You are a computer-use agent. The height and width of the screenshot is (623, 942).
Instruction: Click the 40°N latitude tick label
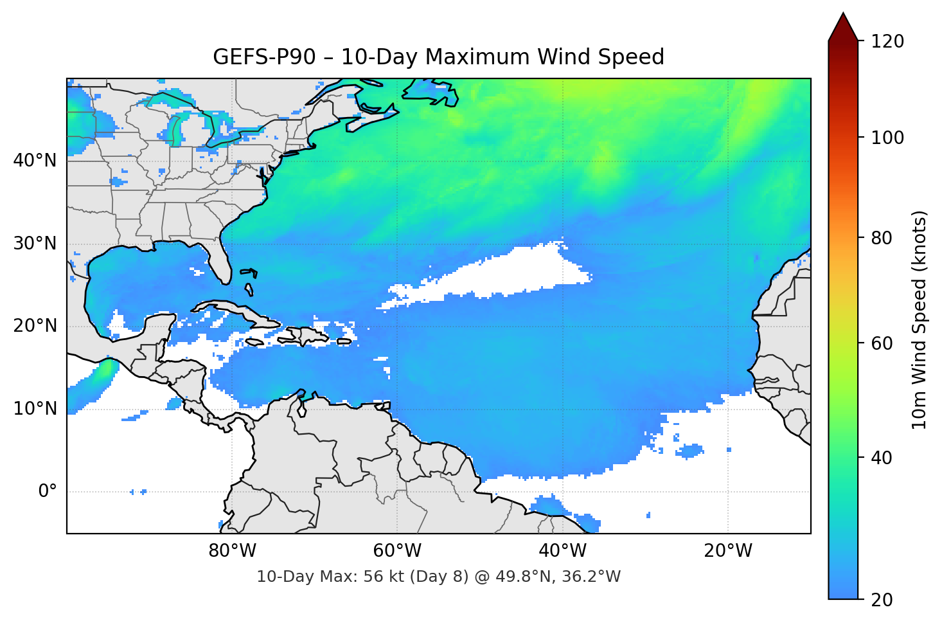coord(35,161)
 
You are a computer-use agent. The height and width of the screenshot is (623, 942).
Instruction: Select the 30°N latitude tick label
coord(35,244)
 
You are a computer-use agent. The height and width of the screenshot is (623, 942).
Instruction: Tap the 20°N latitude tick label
coord(35,326)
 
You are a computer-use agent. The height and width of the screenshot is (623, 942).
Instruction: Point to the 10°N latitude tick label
coord(35,409)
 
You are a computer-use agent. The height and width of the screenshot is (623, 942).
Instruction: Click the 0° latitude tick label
coord(48,492)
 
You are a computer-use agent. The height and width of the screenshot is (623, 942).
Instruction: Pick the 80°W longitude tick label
coord(232,551)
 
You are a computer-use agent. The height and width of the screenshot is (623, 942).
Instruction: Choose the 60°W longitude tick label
coord(397,551)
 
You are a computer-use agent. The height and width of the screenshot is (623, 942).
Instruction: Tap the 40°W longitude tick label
coord(562,551)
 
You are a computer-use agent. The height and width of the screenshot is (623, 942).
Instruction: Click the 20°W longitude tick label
coord(727,551)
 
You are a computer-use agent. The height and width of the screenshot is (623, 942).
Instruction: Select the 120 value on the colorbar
coord(887,42)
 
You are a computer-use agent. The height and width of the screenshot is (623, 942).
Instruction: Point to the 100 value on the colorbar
coord(887,138)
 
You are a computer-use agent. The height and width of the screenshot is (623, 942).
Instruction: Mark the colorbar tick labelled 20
coord(882,600)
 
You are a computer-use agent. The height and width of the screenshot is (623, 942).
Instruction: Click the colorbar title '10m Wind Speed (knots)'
coord(920,320)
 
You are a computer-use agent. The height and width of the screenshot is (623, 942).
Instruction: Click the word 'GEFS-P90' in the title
coord(264,57)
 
